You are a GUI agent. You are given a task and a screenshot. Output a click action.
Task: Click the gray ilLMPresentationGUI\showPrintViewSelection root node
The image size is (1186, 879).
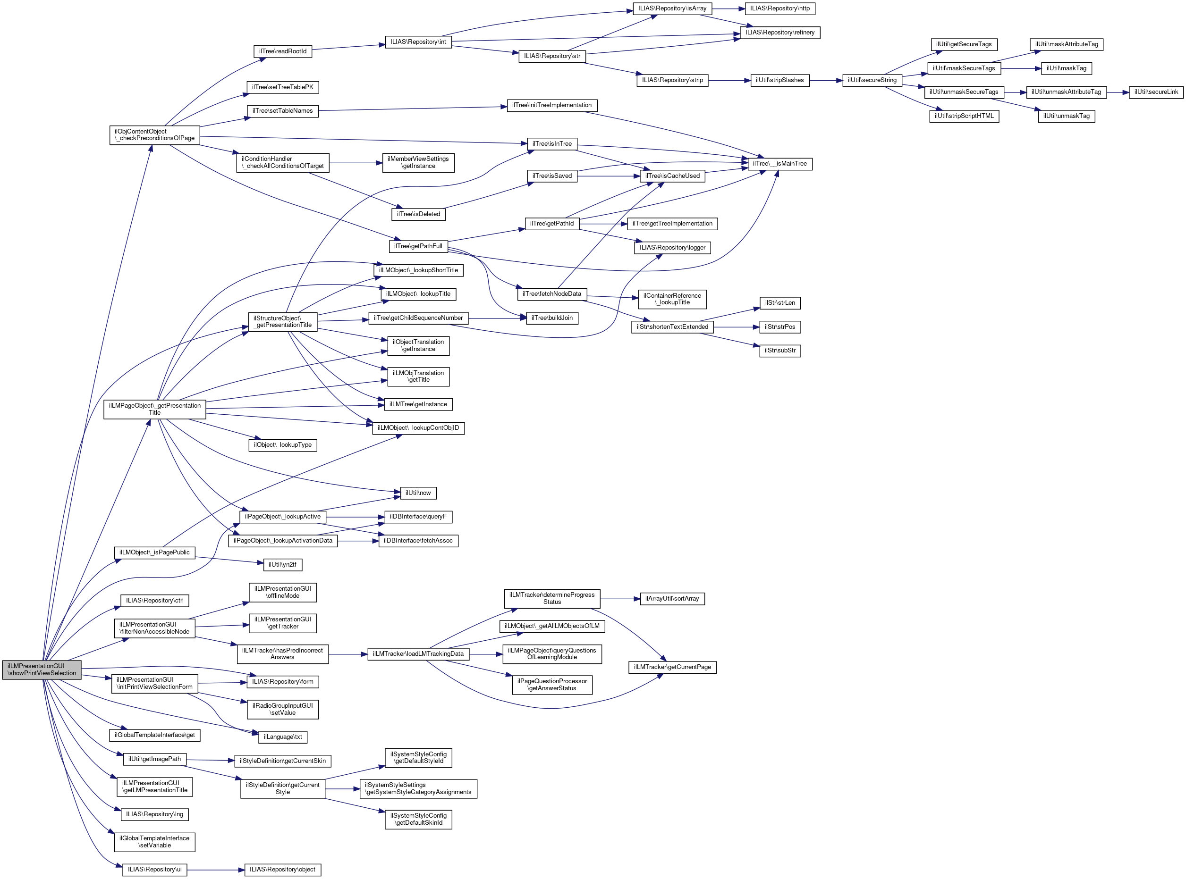click(x=42, y=670)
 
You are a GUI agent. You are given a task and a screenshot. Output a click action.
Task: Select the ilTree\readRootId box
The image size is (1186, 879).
click(x=282, y=51)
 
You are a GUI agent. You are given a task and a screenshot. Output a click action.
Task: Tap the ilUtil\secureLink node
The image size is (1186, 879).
click(x=1156, y=92)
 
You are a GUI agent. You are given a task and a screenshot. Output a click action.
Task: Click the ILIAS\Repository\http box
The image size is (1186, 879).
click(x=779, y=8)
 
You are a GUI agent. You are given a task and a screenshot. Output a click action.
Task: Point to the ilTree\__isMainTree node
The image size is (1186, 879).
click(x=779, y=164)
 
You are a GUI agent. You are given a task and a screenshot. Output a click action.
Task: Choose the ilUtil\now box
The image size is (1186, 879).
click(x=418, y=493)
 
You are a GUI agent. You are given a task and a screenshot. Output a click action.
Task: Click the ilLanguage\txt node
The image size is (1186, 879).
click(x=283, y=737)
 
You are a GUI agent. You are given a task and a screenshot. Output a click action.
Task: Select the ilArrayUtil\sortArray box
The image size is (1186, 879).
click(x=672, y=599)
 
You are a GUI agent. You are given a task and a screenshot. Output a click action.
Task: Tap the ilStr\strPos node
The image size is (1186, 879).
click(x=780, y=326)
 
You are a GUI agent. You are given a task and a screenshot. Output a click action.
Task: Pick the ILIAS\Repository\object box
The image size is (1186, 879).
click(x=282, y=870)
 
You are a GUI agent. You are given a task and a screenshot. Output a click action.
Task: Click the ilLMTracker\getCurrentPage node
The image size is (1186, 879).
click(x=672, y=667)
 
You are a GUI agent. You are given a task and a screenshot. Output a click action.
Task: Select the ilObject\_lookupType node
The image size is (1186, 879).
click(x=282, y=445)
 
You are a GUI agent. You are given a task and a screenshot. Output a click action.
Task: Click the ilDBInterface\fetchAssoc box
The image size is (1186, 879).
click(x=418, y=541)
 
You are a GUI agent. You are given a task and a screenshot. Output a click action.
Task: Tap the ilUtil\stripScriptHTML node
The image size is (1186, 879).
click(x=964, y=116)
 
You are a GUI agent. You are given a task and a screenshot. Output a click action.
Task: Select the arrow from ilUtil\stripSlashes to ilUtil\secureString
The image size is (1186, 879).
click(x=826, y=81)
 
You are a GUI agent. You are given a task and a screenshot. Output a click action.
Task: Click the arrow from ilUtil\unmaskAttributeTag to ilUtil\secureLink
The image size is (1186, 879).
click(x=1118, y=92)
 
